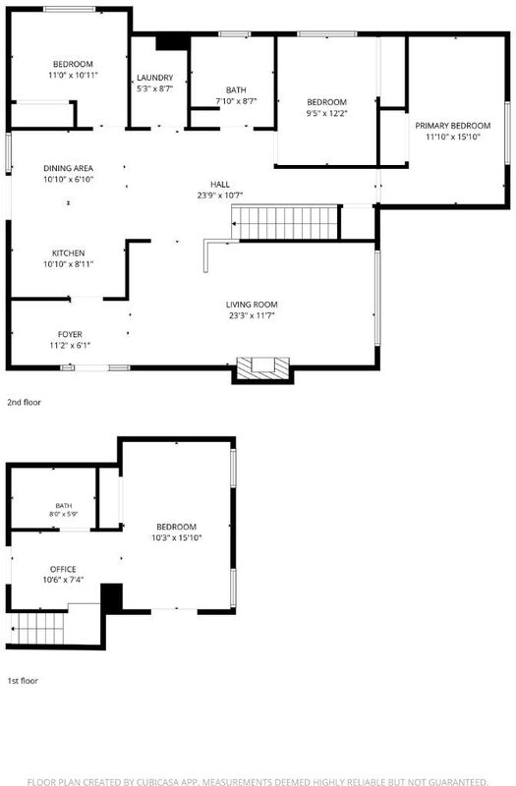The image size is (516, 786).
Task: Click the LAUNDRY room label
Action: pos(155,78)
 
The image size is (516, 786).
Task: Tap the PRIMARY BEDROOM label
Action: pos(453,126)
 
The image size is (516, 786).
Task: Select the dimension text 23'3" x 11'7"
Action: pos(252,315)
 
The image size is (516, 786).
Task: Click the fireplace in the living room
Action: pos(262,368)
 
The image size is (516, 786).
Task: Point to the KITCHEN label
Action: pos(68,253)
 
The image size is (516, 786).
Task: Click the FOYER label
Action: pos(70,334)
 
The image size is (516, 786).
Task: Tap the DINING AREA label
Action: pos(68,168)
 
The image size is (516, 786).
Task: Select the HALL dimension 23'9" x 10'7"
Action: pos(219,196)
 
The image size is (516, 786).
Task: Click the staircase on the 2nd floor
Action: pos(285,222)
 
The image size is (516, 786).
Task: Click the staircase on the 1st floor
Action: pos(37,628)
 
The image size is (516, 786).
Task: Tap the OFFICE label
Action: pos(63,570)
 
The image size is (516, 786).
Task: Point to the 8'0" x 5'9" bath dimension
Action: pos(64,514)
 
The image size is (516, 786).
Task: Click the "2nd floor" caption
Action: pos(24,402)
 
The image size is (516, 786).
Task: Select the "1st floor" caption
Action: pos(23,681)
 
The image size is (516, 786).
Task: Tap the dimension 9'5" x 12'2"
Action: pos(327,113)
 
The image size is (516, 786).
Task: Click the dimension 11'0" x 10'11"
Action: pos(73,76)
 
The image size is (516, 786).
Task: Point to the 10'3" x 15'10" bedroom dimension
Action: pos(177,537)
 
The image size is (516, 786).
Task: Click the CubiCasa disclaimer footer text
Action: pos(258,781)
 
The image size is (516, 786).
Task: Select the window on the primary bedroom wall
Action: pos(507,133)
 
